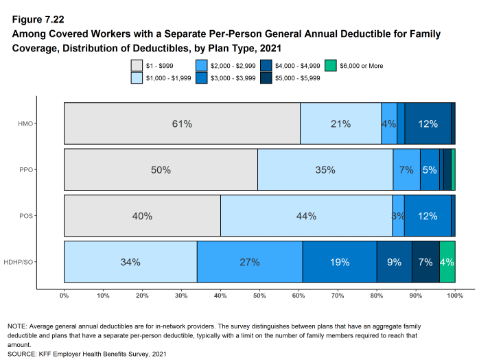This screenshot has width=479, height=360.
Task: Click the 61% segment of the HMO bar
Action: pos(182,124)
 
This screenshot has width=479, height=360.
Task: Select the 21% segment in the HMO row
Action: pos(340,124)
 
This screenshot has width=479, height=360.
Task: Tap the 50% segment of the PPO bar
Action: pos(161,170)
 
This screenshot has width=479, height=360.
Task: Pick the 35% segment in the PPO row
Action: pos(325,170)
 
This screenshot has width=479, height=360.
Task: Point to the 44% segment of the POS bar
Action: pos(306,216)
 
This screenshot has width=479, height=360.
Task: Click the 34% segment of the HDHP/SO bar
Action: pos(130,262)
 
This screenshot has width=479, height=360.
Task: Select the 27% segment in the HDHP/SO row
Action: pos(250,262)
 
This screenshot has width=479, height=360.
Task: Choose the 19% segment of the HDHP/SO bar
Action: pos(340,262)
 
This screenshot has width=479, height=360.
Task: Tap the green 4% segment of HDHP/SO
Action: pos(447,262)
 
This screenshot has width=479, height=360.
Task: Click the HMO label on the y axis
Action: pos(46,124)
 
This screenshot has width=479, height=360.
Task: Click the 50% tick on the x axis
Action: pos(259,296)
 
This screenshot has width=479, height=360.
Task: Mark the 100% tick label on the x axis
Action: pos(455,296)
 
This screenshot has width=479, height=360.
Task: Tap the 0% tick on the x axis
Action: pos(64,296)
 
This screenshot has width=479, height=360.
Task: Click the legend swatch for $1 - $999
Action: pos(137,66)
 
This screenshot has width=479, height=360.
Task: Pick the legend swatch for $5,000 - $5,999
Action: pos(267,77)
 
